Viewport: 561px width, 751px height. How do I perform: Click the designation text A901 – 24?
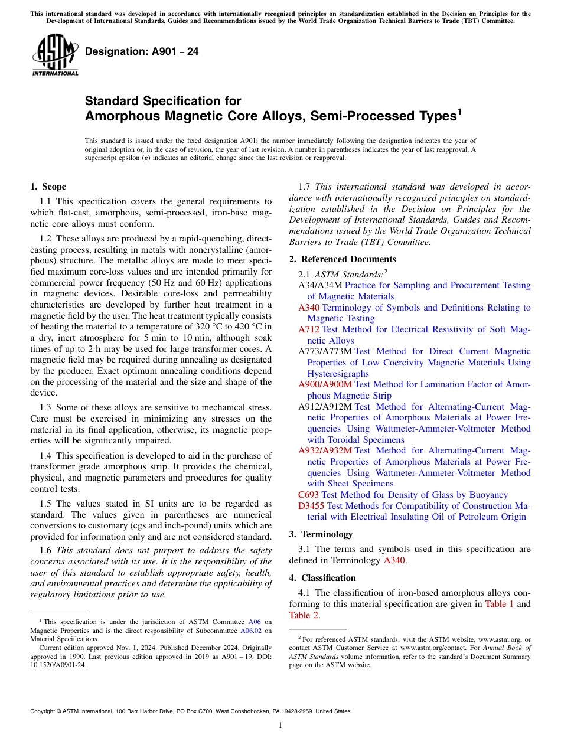click(x=142, y=52)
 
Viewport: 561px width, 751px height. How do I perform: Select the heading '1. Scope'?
click(x=48, y=187)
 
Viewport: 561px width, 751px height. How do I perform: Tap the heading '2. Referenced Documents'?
click(x=343, y=259)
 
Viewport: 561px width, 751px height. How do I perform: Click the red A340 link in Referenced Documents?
click(x=309, y=308)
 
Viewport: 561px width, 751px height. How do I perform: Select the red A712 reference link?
click(x=309, y=329)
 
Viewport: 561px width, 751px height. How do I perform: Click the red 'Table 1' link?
click(x=499, y=604)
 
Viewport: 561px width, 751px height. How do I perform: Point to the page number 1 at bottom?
click(x=280, y=726)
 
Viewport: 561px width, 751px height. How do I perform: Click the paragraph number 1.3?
click(x=46, y=408)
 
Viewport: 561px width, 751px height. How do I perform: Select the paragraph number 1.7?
click(x=305, y=187)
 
